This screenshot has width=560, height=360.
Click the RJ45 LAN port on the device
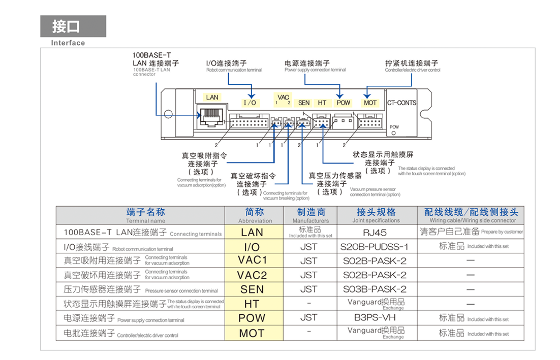pos(208,117)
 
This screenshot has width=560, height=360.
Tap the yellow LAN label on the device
pos(212,97)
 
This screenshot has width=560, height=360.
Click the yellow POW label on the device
pos(344,103)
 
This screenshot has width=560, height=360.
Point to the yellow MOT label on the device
pos(370,103)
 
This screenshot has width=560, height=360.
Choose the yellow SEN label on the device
pos(304,103)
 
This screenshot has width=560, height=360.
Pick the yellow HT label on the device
pos(322,103)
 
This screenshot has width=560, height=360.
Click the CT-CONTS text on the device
pos(401,103)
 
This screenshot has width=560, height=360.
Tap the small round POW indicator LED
pos(393,133)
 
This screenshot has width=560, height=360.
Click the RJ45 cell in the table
pos(375,232)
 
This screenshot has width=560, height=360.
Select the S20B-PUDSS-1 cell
pos(375,247)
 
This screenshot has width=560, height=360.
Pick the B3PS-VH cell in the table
pos(375,318)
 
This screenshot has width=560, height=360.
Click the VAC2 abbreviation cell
pos(252,275)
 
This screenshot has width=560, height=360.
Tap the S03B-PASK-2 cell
pos(375,289)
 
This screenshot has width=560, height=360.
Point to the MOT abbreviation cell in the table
pos(252,333)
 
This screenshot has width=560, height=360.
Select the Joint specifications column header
pos(376,215)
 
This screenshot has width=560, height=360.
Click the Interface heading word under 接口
pos(68,43)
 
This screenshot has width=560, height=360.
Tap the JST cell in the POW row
pos(308,318)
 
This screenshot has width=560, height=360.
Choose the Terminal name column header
pos(145,215)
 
